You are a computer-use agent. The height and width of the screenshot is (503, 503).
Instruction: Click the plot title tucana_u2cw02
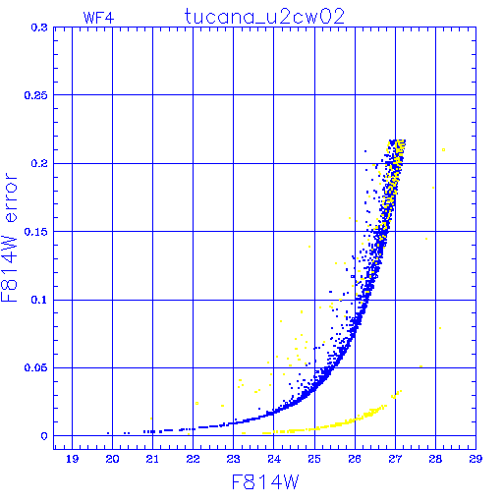[264, 17]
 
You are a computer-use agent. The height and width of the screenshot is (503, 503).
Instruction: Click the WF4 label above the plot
[98, 18]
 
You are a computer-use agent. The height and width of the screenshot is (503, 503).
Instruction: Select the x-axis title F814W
[265, 481]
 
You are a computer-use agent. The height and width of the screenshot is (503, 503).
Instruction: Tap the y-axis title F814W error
[9, 238]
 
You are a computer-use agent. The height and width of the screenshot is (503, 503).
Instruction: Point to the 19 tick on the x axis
[72, 459]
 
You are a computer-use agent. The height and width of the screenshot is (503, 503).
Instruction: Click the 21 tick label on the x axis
[152, 459]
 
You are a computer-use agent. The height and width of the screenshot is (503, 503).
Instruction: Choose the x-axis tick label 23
[233, 459]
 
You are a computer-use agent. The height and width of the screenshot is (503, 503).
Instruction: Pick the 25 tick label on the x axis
[314, 459]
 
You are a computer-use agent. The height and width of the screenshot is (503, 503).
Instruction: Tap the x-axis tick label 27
[395, 459]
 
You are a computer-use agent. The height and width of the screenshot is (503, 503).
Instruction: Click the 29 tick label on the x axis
[475, 459]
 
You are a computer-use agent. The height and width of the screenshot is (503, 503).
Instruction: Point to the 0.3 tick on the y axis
[39, 28]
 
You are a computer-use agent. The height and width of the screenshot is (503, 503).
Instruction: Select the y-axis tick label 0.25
[36, 95]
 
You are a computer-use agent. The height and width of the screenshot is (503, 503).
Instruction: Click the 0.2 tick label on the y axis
[39, 163]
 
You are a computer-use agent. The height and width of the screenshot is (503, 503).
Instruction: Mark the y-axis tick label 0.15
[36, 232]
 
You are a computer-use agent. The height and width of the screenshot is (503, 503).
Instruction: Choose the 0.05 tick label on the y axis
[36, 367]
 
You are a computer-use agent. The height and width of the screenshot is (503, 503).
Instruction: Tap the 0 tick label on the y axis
[44, 436]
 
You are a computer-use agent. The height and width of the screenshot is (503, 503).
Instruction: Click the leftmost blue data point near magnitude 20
[108, 433]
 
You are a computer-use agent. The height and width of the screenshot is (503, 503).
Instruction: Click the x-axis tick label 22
[193, 459]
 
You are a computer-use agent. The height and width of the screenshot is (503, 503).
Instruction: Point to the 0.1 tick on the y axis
[39, 300]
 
